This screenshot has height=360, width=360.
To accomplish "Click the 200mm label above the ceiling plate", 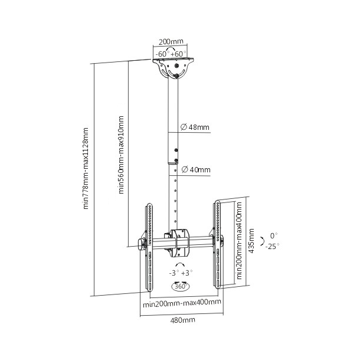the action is tap(171, 42).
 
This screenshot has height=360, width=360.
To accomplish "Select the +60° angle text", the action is tap(179, 53).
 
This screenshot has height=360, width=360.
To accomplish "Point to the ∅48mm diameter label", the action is tap(195, 127).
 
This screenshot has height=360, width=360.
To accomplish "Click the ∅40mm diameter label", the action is tap(195, 170).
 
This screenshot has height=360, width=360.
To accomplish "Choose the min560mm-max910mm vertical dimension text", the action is tap(122, 155).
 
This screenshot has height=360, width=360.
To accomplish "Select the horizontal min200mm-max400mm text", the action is tap(182, 302).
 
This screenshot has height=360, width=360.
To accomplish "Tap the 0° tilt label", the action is tap(273, 235).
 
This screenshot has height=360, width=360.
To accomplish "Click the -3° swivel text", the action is tap(174, 273).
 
